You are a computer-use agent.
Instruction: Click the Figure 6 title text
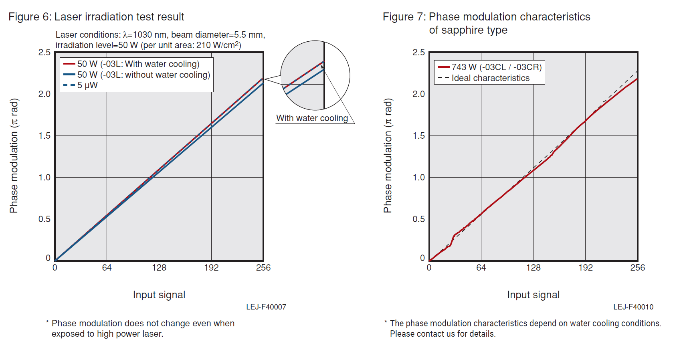(x=96, y=17)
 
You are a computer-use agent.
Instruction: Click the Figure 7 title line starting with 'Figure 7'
(x=486, y=17)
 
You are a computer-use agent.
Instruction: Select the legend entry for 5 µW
(x=87, y=85)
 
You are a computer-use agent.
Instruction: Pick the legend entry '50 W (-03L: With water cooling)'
(x=138, y=64)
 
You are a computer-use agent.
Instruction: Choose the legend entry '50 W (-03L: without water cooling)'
(x=143, y=75)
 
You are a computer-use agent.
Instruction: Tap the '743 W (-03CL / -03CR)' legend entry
(x=496, y=67)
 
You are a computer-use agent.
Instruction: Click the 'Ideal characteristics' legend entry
(x=490, y=78)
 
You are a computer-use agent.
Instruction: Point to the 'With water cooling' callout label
(x=312, y=118)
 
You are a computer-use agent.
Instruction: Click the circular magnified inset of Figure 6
(x=315, y=75)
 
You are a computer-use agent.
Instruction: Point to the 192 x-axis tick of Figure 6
(x=211, y=268)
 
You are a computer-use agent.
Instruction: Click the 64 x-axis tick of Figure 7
(x=481, y=268)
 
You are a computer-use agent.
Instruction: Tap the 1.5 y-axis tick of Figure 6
(x=44, y=136)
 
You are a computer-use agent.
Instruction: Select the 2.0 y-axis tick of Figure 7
(x=419, y=94)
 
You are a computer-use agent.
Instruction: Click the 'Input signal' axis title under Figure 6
(x=159, y=295)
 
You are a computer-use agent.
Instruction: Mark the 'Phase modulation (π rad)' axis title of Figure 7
(x=388, y=156)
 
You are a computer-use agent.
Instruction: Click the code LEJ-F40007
(x=266, y=307)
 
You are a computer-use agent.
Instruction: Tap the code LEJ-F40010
(x=633, y=307)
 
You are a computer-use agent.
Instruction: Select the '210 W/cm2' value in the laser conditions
(x=218, y=45)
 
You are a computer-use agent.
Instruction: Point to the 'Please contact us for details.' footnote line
(x=443, y=334)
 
